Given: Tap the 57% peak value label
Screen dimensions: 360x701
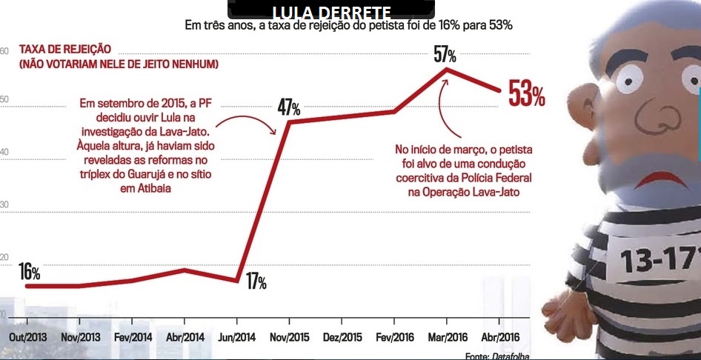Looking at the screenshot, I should (445, 55).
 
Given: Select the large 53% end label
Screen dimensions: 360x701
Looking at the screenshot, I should (526, 95).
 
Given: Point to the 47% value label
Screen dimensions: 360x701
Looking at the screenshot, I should (288, 107).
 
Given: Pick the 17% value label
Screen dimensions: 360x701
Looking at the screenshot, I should (256, 282).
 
